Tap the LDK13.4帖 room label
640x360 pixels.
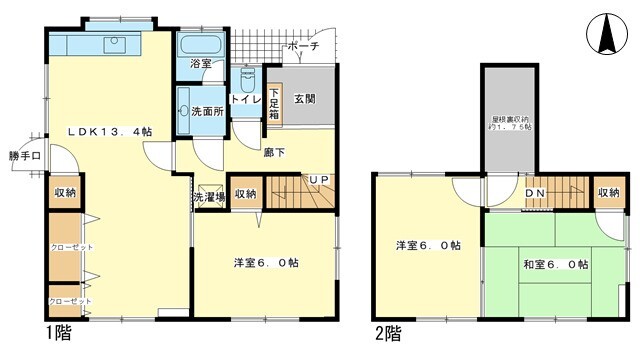(110, 131)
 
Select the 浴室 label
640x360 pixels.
(201, 64)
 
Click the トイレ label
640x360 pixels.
(246, 100)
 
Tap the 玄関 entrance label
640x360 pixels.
(305, 99)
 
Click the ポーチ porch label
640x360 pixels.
(302, 47)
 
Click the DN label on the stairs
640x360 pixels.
(535, 193)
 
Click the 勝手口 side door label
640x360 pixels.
(25, 156)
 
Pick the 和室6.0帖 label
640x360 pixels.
(555, 265)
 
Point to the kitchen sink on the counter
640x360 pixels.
(112, 44)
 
